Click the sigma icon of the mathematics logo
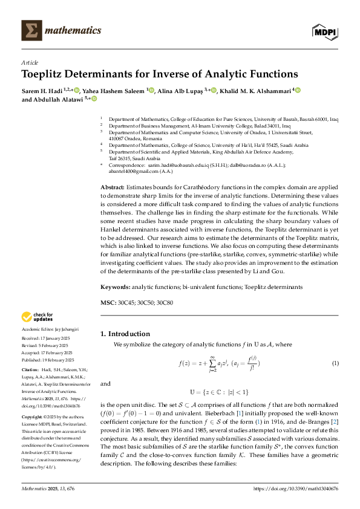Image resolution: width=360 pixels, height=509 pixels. click(x=29, y=30)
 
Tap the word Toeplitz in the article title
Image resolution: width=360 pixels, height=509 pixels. click(x=46, y=74)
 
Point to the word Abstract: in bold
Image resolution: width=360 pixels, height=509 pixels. click(x=112, y=155)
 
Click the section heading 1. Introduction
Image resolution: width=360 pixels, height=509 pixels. click(x=125, y=334)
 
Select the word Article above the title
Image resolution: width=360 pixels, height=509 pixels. click(x=29, y=62)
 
